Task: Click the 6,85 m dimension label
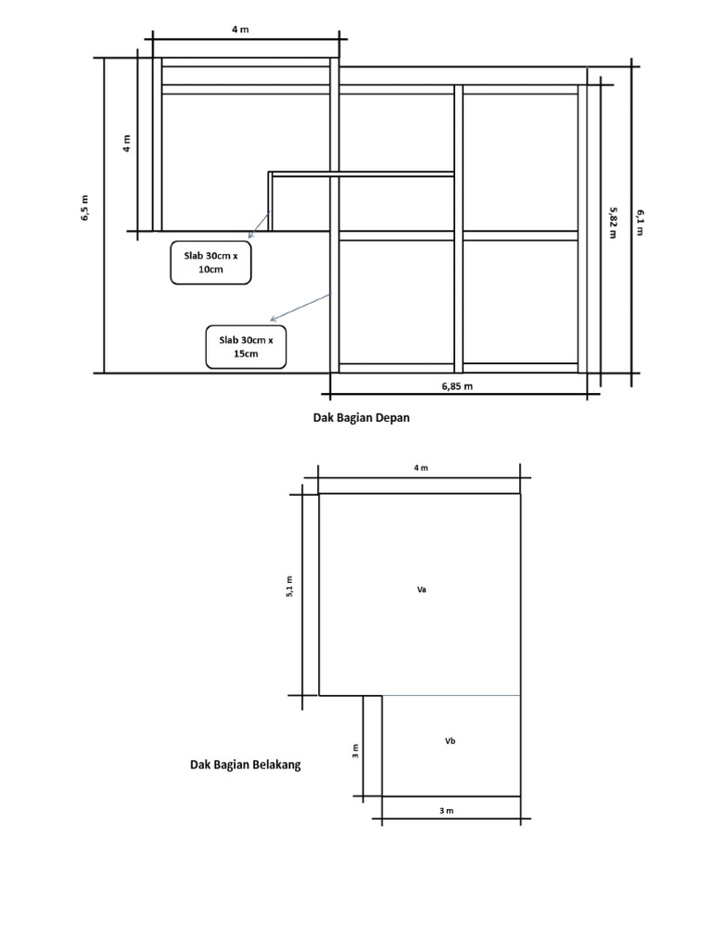[457, 386]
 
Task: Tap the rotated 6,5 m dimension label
[84, 209]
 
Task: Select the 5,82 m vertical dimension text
[613, 222]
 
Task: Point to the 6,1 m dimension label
[640, 222]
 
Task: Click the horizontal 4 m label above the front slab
[240, 30]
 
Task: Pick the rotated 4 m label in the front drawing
[127, 144]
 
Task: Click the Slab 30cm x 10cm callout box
[210, 262]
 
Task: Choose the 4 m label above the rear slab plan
[421, 468]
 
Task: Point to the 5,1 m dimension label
[289, 587]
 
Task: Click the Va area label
[422, 588]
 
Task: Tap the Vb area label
[450, 741]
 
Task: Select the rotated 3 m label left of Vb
[356, 750]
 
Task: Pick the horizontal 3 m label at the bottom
[446, 811]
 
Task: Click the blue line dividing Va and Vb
[451, 695]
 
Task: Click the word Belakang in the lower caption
[273, 765]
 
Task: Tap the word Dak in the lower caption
[201, 765]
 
